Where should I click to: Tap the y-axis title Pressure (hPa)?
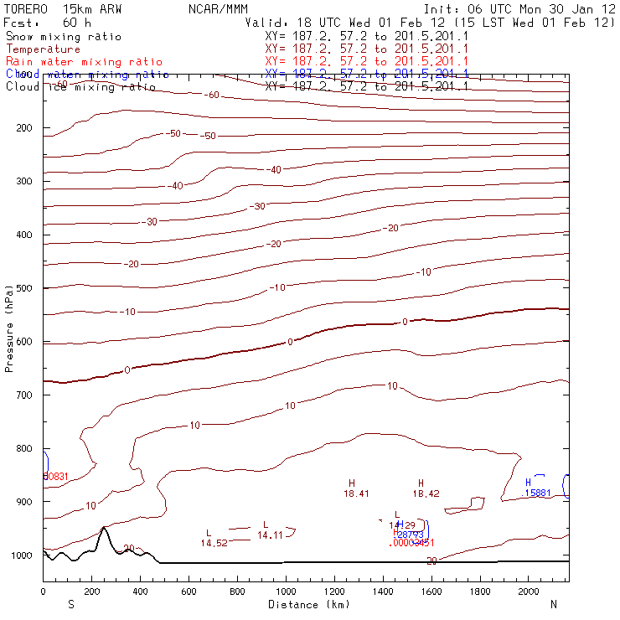click(x=10, y=328)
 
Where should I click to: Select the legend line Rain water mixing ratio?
click(x=83, y=62)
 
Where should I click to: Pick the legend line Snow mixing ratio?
click(x=63, y=37)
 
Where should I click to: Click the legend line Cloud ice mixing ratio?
click(x=80, y=86)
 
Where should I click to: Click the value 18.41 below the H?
click(x=356, y=494)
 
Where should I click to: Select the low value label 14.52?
click(x=214, y=543)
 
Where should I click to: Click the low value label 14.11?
click(x=270, y=535)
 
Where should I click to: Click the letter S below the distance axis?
click(x=71, y=604)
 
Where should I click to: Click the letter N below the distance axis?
click(x=553, y=604)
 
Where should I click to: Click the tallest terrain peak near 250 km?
click(x=104, y=527)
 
